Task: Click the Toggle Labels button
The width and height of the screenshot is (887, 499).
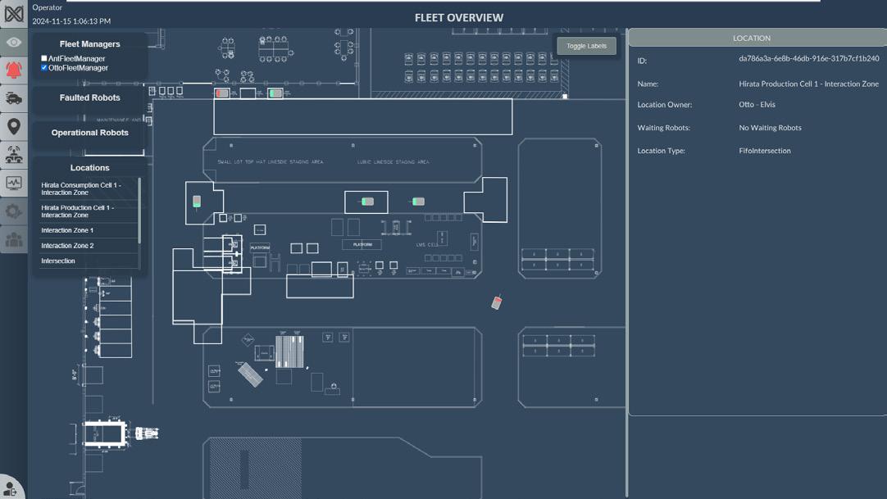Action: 586,46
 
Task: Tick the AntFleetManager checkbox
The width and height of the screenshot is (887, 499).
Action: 44,59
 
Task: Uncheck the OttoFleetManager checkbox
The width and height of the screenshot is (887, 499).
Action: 44,68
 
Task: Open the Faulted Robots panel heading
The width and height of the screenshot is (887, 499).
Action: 89,98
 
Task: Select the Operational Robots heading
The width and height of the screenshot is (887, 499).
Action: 89,133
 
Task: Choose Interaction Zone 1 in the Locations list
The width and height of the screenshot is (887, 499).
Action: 67,230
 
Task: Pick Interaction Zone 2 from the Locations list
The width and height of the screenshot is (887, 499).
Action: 67,246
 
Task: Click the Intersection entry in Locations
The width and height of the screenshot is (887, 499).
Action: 58,261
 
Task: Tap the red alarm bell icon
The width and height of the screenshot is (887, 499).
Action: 14,70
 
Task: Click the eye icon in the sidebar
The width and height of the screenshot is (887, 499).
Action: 14,43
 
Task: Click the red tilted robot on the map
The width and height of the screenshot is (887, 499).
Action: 496,303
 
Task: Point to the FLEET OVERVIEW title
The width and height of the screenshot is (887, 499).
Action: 458,17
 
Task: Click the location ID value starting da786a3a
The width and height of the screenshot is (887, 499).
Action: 808,59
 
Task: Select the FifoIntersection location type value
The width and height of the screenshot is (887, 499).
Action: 764,151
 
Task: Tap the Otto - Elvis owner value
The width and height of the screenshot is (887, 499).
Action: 757,105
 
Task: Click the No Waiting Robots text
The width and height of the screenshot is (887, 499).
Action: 770,128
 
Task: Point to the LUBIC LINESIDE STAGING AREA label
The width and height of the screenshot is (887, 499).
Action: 393,162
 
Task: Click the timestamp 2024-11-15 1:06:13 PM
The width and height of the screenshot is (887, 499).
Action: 71,21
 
